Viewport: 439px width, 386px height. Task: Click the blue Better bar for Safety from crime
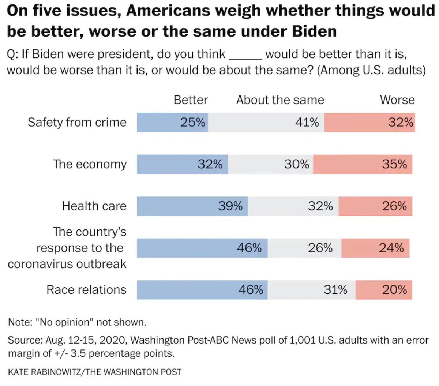[x=172, y=122]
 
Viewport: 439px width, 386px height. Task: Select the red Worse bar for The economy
[x=363, y=164]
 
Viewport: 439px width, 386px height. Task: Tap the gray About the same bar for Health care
[x=293, y=206]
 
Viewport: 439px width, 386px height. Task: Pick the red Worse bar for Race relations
[x=383, y=290]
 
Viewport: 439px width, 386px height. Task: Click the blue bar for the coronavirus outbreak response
[x=202, y=248]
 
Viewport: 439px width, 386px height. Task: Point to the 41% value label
[x=307, y=122]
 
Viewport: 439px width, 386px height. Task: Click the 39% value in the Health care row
[x=230, y=206]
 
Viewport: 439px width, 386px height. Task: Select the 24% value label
[x=391, y=248]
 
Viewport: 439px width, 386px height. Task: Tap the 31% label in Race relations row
[x=335, y=290]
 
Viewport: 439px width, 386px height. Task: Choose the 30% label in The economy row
[x=297, y=164]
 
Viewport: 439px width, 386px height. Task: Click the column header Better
[x=191, y=100]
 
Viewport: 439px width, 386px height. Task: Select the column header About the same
[x=280, y=100]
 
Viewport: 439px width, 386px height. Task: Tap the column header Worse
[x=397, y=100]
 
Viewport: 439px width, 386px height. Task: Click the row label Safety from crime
[x=77, y=122]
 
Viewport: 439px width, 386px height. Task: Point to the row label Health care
[x=94, y=206]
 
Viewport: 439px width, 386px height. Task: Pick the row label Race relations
[x=86, y=290]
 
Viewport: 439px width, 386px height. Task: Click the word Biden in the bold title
[x=314, y=31]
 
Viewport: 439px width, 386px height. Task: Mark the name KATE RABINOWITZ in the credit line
[x=45, y=372]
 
